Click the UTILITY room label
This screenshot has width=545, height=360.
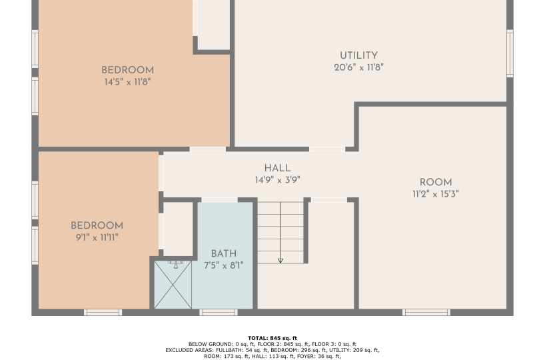click(x=358, y=55)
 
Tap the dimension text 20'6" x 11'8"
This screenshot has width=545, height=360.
click(x=358, y=67)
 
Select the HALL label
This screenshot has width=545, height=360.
click(x=277, y=169)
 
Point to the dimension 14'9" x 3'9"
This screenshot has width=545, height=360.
click(x=277, y=180)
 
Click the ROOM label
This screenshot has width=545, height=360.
click(x=436, y=182)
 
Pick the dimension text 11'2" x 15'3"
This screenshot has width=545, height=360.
click(x=436, y=194)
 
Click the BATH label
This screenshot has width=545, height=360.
click(x=224, y=253)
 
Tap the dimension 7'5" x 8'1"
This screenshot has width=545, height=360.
click(x=224, y=265)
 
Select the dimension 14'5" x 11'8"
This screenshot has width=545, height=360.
click(x=127, y=82)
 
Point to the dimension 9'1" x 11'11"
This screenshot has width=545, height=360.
click(x=97, y=237)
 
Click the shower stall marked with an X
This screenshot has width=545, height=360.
click(x=173, y=285)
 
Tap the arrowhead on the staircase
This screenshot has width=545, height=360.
click(x=280, y=261)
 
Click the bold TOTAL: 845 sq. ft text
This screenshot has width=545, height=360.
click(x=272, y=338)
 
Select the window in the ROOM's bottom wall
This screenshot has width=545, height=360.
click(x=426, y=313)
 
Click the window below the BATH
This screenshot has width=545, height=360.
click(x=219, y=313)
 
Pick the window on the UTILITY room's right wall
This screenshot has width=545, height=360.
click(x=510, y=53)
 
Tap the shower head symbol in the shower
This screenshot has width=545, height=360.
click(x=176, y=265)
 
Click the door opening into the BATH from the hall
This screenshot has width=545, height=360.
click(x=219, y=200)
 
